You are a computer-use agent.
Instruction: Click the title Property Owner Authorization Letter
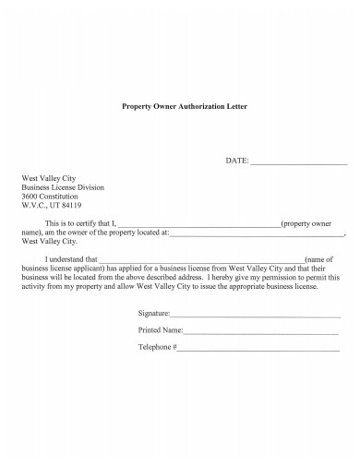pos(185,106)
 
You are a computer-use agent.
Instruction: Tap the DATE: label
pos(237,161)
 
